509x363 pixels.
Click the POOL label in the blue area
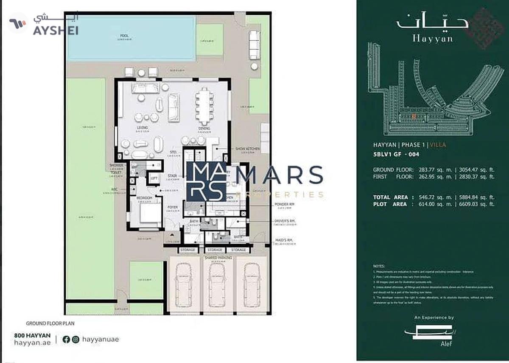coord(124,36)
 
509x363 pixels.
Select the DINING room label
coord(204,128)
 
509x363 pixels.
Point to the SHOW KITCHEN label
coord(247,148)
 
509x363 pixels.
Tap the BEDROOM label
coord(144,198)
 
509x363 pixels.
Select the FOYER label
coord(172,207)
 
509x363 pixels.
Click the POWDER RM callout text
coord(281,204)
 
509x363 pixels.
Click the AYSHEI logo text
coord(55,31)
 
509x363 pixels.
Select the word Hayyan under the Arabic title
coord(432,39)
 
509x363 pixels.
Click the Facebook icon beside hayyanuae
coord(66,339)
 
